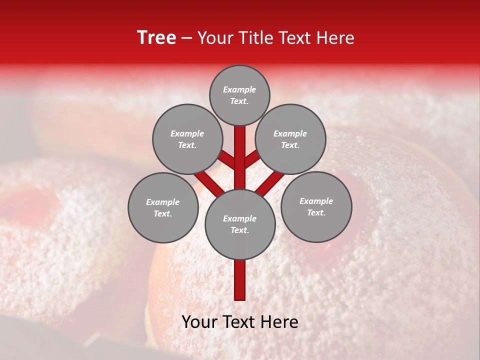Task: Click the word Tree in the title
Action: pyautogui.click(x=156, y=38)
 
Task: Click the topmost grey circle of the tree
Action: pyautogui.click(x=239, y=95)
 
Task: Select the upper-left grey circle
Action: pyautogui.click(x=187, y=139)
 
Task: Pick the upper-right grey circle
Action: pyautogui.click(x=290, y=139)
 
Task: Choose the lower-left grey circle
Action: pyautogui.click(x=162, y=207)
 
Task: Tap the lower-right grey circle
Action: pyautogui.click(x=316, y=206)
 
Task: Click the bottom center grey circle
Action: pyautogui.click(x=240, y=224)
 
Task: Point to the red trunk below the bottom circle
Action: pyautogui.click(x=240, y=280)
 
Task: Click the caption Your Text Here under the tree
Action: pyautogui.click(x=240, y=322)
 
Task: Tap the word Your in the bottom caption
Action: pyautogui.click(x=199, y=322)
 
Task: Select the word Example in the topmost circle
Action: pyautogui.click(x=239, y=89)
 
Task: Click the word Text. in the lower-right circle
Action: pyautogui.click(x=316, y=212)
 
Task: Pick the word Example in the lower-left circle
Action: pyautogui.click(x=162, y=202)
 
